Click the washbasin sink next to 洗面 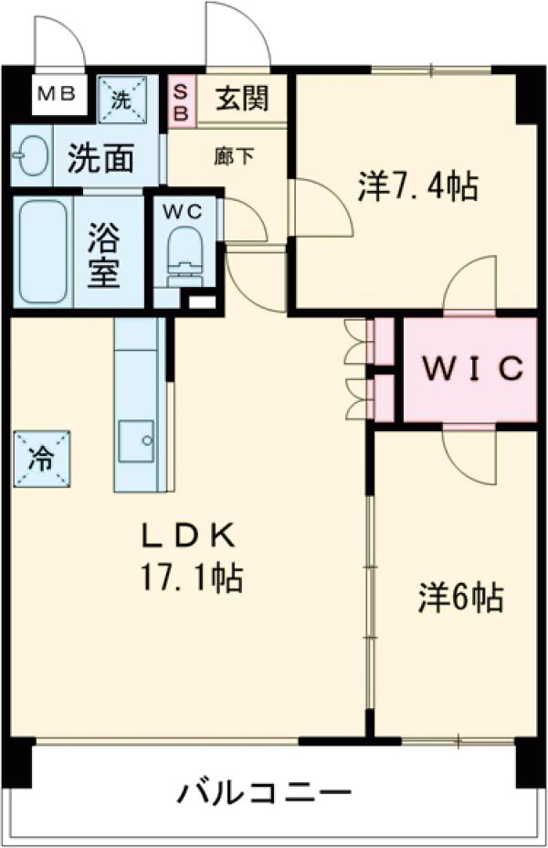tap(30, 158)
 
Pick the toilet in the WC tap(186, 253)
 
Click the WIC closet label tap(470, 369)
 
